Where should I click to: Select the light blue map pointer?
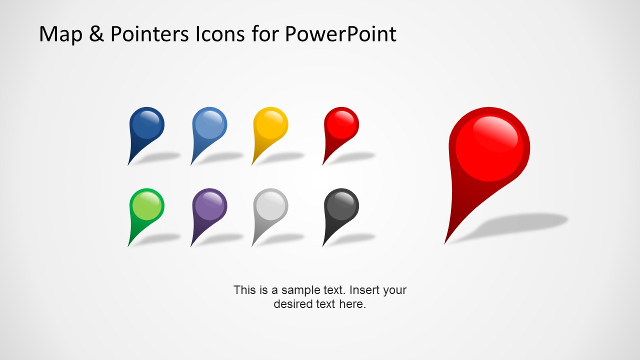[209, 128]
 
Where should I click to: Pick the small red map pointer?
[341, 128]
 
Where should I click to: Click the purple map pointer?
[209, 210]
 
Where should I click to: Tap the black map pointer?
[341, 210]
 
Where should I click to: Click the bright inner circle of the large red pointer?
[489, 148]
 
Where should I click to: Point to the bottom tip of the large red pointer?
[444, 244]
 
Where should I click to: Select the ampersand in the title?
[96, 33]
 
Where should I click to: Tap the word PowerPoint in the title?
[340, 33]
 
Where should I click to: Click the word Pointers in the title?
[149, 33]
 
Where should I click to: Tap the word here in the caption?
[352, 303]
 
